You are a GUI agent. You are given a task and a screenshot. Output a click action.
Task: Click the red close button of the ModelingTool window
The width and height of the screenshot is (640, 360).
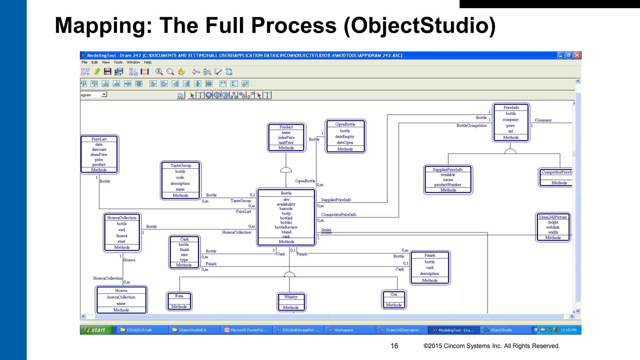(x=577, y=55)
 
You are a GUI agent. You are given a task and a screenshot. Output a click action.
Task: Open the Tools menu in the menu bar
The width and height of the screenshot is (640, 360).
(x=118, y=62)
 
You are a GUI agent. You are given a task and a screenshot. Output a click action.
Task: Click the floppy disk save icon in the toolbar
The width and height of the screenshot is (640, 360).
(x=107, y=72)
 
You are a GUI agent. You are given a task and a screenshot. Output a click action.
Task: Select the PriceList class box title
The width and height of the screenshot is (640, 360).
(x=99, y=139)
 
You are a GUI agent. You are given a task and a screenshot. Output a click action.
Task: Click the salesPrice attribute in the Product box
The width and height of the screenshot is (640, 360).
(x=286, y=137)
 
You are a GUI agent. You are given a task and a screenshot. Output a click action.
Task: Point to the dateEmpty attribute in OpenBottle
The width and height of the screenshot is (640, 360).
(x=345, y=137)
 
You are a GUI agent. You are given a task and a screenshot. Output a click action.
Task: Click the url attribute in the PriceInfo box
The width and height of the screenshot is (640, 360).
(x=510, y=131)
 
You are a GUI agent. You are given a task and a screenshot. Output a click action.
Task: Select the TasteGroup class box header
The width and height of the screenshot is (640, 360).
(x=181, y=166)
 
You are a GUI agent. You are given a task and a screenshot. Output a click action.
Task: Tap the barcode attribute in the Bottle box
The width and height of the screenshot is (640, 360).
(x=286, y=209)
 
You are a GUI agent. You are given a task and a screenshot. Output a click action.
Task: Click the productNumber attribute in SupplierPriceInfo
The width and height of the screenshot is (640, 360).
(x=448, y=185)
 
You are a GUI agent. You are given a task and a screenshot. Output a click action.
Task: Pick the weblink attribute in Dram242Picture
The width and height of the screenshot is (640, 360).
(x=553, y=227)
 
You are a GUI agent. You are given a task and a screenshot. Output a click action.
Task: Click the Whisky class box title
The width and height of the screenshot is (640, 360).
(x=291, y=297)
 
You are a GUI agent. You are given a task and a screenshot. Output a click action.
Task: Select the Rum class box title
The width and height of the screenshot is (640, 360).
(x=179, y=296)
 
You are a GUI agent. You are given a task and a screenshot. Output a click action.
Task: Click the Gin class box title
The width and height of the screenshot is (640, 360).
(x=394, y=294)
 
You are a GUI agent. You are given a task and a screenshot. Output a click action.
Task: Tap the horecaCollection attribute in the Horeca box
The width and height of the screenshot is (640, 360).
(x=121, y=297)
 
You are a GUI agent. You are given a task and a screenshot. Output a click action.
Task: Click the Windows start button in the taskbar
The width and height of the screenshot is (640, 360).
(x=96, y=330)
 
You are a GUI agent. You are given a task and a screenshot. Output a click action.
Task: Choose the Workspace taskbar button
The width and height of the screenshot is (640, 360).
(x=344, y=330)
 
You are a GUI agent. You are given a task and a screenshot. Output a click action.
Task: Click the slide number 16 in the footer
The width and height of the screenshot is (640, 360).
(x=394, y=346)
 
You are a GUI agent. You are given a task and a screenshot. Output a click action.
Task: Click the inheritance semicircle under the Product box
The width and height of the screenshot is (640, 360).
(x=286, y=170)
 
